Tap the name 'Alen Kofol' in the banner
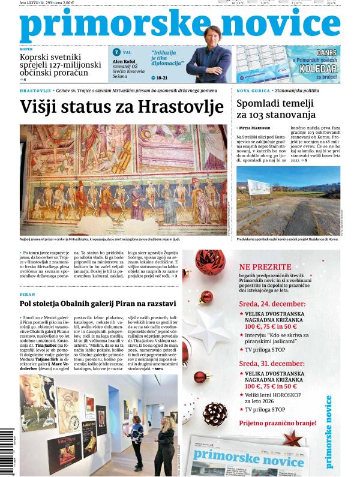[x=124, y=61]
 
